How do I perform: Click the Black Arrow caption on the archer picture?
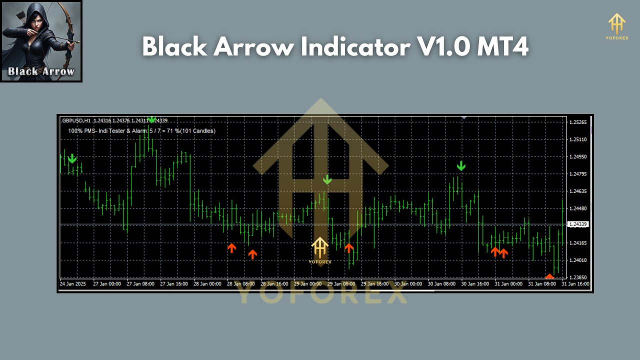(41, 71)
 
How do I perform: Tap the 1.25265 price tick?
(578, 122)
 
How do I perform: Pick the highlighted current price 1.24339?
(578, 224)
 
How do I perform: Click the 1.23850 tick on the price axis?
(578, 277)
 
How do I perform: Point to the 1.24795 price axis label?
(578, 174)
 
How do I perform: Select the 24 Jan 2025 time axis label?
(72, 284)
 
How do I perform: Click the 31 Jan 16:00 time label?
(575, 284)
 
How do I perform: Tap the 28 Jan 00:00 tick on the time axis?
(207, 284)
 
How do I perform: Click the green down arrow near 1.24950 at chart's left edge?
(72, 158)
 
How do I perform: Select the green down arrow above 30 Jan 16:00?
(461, 166)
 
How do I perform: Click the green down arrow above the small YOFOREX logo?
(327, 179)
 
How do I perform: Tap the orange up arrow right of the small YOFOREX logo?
(349, 248)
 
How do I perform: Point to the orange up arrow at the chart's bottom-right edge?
(549, 276)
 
